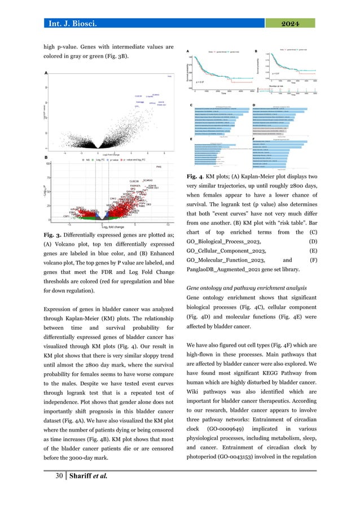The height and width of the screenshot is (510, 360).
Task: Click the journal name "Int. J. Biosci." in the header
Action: pos(76,23)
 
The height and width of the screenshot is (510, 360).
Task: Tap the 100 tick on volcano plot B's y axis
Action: pos(49,164)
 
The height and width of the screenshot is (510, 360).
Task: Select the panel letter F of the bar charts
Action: pos(256,138)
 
